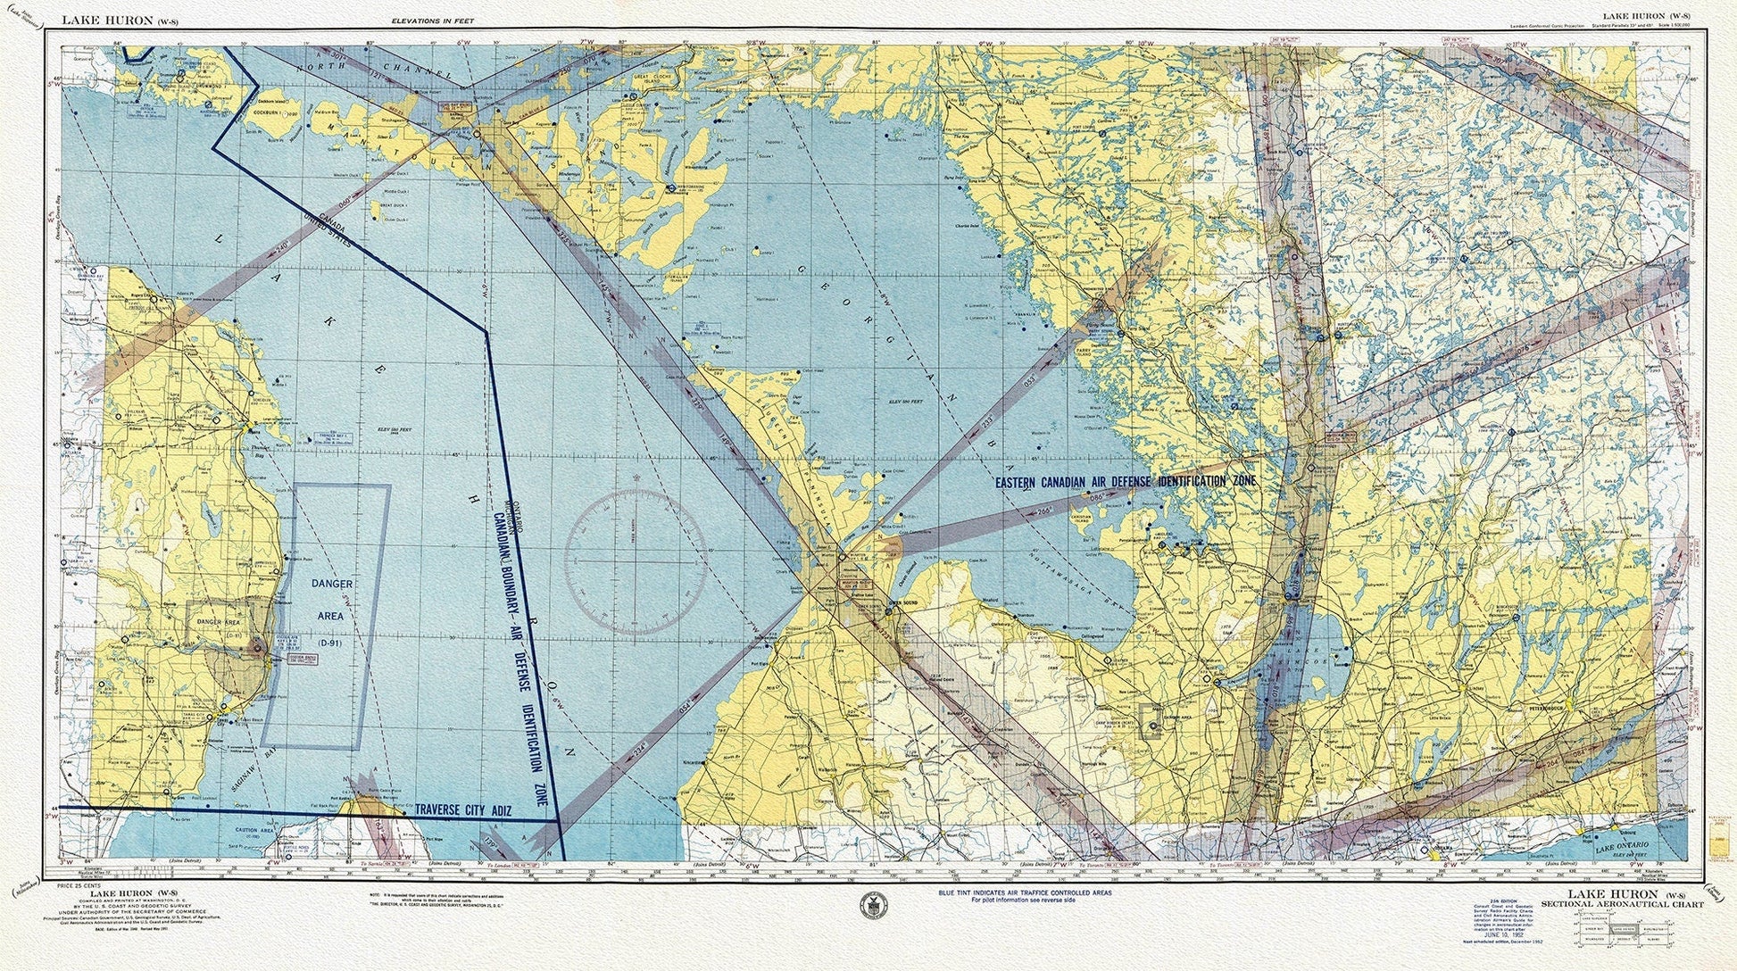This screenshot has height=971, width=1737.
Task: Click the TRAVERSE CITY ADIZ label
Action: click(x=462, y=810)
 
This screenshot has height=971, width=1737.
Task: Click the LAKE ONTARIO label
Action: click(x=1623, y=844)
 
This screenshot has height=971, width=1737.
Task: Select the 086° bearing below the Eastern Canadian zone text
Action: click(x=1096, y=496)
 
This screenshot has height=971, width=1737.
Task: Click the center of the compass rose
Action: click(x=635, y=562)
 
